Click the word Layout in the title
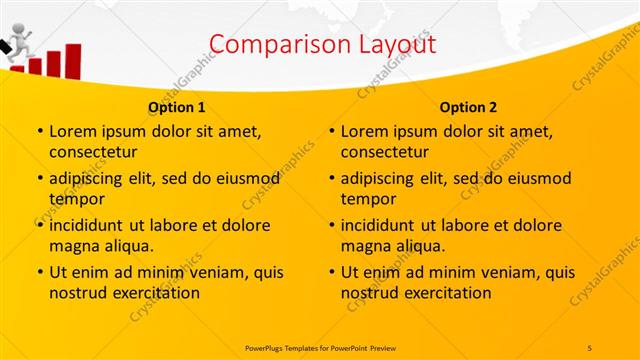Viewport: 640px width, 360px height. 395,44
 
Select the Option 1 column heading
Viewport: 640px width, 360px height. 177,107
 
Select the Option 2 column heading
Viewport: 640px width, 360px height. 469,107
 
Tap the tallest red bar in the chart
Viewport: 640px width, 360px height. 72,61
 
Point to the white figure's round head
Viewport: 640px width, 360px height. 17,39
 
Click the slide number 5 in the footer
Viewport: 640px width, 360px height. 590,346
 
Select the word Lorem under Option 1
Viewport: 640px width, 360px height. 73,131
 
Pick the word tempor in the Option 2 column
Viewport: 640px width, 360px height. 369,199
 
